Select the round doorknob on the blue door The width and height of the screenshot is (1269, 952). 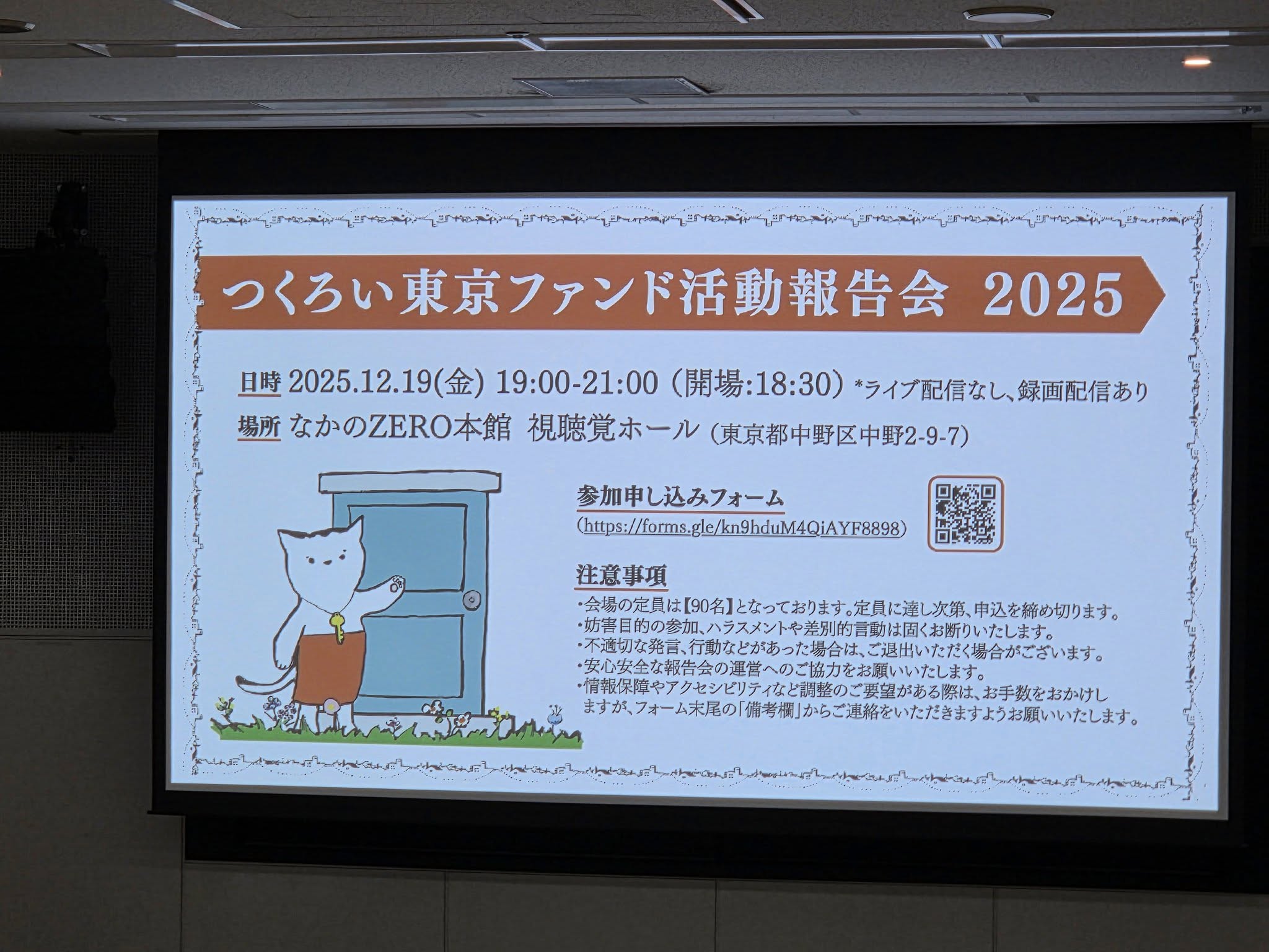click(473, 600)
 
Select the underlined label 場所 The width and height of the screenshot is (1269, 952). click(260, 428)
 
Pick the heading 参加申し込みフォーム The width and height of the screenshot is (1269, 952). click(680, 496)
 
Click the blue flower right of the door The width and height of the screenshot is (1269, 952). click(553, 712)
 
